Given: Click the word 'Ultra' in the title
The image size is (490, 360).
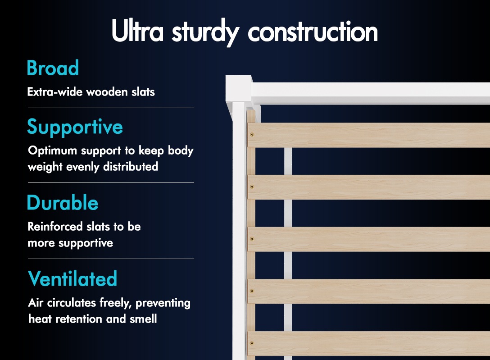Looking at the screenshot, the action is [x=137, y=30].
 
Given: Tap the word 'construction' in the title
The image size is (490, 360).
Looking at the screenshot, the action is [x=313, y=31].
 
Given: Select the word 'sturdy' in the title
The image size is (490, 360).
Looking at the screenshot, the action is [x=206, y=32].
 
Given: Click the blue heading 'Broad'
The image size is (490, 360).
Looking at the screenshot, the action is [x=53, y=68].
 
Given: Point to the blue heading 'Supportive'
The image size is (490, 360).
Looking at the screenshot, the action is [x=75, y=127].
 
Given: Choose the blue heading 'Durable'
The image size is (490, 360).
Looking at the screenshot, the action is [x=63, y=202].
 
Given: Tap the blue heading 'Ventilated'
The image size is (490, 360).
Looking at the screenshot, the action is [x=73, y=278].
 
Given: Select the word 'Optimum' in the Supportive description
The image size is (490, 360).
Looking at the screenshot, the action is [x=53, y=151].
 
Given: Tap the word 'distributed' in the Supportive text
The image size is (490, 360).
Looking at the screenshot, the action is [x=131, y=167].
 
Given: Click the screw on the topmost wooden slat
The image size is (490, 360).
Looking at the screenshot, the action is [x=252, y=135].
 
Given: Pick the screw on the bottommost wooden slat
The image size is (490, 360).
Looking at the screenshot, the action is [x=252, y=343].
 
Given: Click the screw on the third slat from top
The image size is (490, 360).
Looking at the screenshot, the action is [x=252, y=239].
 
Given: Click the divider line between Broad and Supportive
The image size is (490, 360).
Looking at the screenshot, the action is [x=111, y=108].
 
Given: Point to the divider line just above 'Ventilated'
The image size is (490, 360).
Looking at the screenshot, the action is [x=111, y=259].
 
